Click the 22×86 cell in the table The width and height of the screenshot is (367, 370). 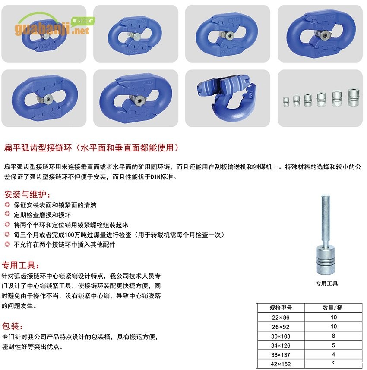click(281, 317)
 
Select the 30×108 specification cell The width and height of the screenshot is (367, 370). click(281, 336)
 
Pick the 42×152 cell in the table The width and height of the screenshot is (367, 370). click(281, 364)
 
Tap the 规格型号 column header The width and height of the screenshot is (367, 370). click(281, 308)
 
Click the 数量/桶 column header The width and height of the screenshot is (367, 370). click(333, 308)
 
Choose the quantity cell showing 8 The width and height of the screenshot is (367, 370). click(333, 336)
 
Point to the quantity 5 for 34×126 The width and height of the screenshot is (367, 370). click(333, 345)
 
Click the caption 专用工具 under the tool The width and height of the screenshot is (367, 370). click(326, 283)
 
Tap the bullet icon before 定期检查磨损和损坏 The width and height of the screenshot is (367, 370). click(7, 214)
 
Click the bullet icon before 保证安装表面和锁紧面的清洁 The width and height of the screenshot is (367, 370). click(7, 204)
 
